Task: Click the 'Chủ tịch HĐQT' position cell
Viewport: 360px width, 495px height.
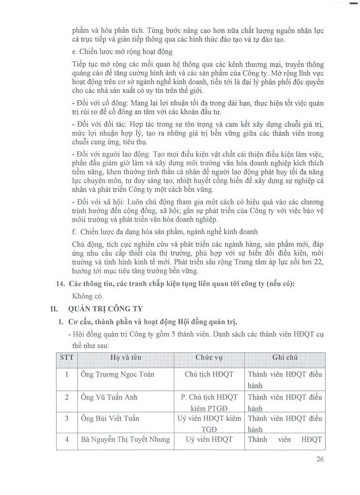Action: (x=209, y=374)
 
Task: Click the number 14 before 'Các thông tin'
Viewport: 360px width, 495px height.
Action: (x=61, y=283)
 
